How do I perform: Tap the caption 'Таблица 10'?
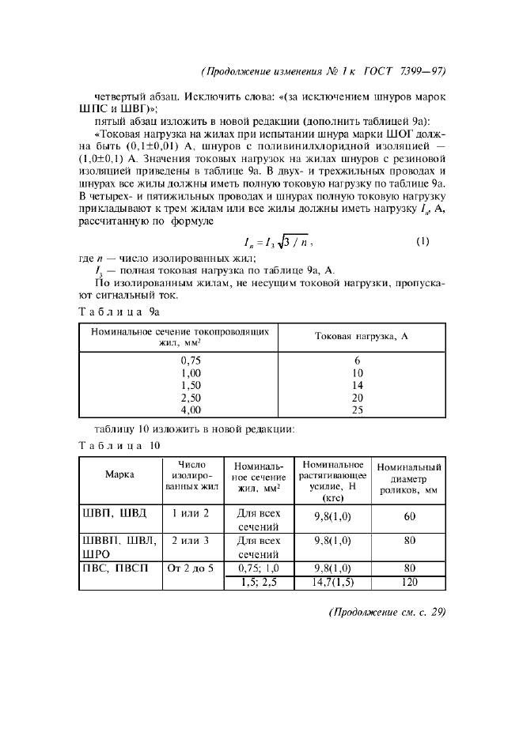click(119, 446)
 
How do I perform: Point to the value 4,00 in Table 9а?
click(191, 410)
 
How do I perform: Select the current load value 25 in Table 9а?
click(357, 410)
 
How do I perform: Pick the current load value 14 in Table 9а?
click(357, 385)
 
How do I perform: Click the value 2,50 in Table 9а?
click(191, 398)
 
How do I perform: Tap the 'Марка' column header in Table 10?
click(119, 474)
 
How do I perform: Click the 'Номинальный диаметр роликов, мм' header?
click(409, 478)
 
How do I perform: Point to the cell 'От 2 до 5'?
click(190, 568)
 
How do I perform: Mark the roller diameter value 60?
click(409, 517)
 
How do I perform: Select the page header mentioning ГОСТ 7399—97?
click(324, 70)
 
